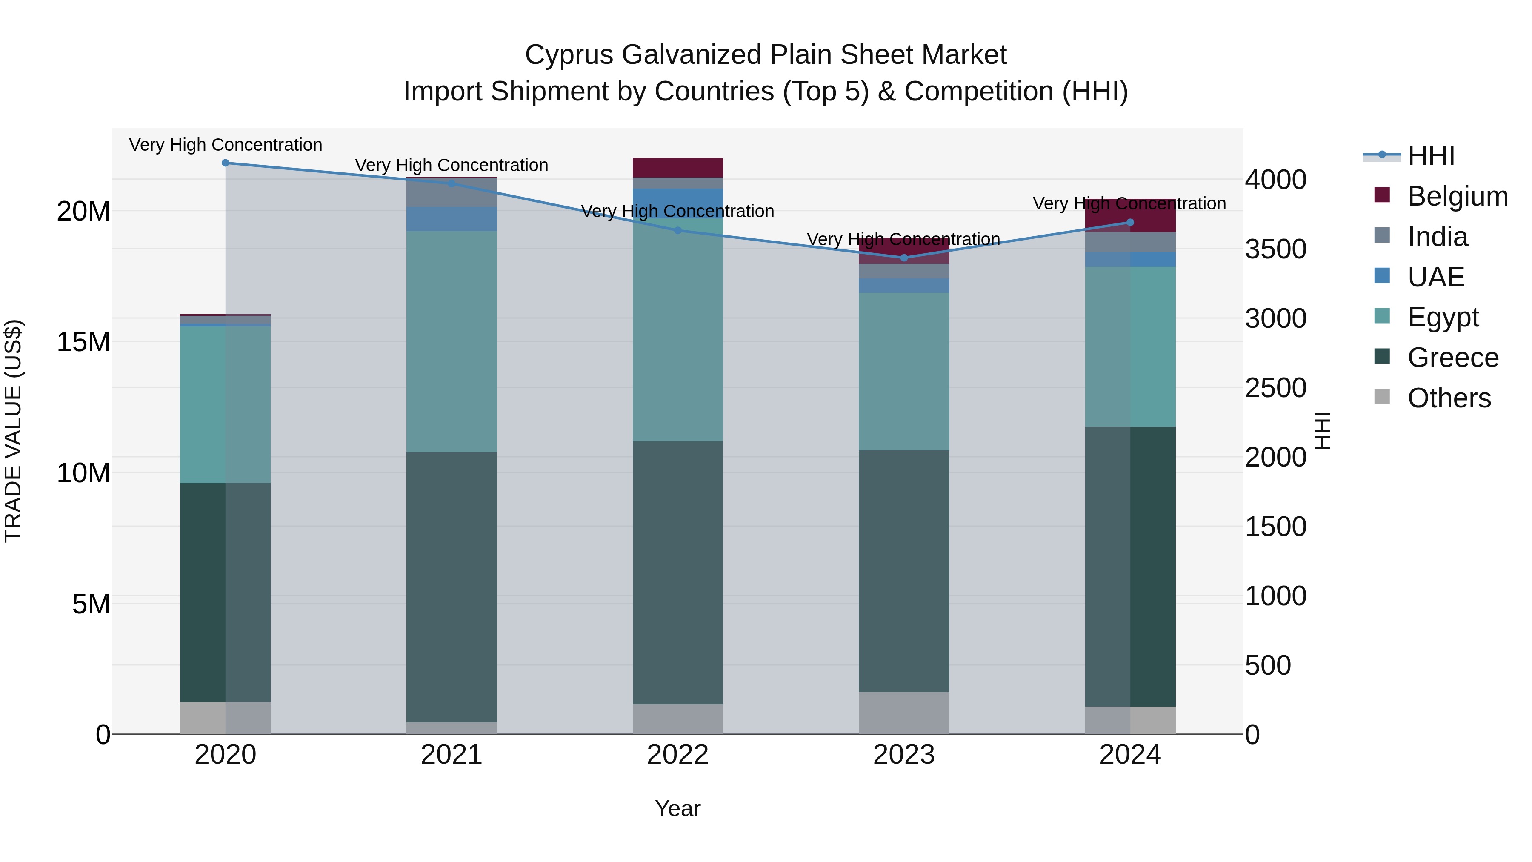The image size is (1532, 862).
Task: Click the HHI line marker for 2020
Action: click(226, 163)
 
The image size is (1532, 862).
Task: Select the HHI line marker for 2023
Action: click(904, 258)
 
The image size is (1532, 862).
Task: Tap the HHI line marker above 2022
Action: click(678, 230)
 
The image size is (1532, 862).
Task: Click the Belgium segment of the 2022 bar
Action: click(678, 168)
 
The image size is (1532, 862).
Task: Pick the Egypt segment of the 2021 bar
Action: click(452, 341)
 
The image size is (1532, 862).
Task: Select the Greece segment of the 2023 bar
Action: click(904, 571)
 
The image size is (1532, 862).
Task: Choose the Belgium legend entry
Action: click(1457, 196)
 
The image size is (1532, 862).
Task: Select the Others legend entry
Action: click(1448, 398)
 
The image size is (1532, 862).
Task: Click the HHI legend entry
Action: click(1430, 156)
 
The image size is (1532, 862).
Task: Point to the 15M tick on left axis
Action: click(83, 342)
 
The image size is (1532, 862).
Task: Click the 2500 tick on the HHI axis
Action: click(1276, 388)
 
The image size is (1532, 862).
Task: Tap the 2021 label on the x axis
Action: click(452, 755)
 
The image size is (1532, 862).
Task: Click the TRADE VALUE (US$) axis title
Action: click(13, 431)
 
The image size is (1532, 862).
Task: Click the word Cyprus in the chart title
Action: click(569, 55)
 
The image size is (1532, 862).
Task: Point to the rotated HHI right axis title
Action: click(1322, 431)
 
